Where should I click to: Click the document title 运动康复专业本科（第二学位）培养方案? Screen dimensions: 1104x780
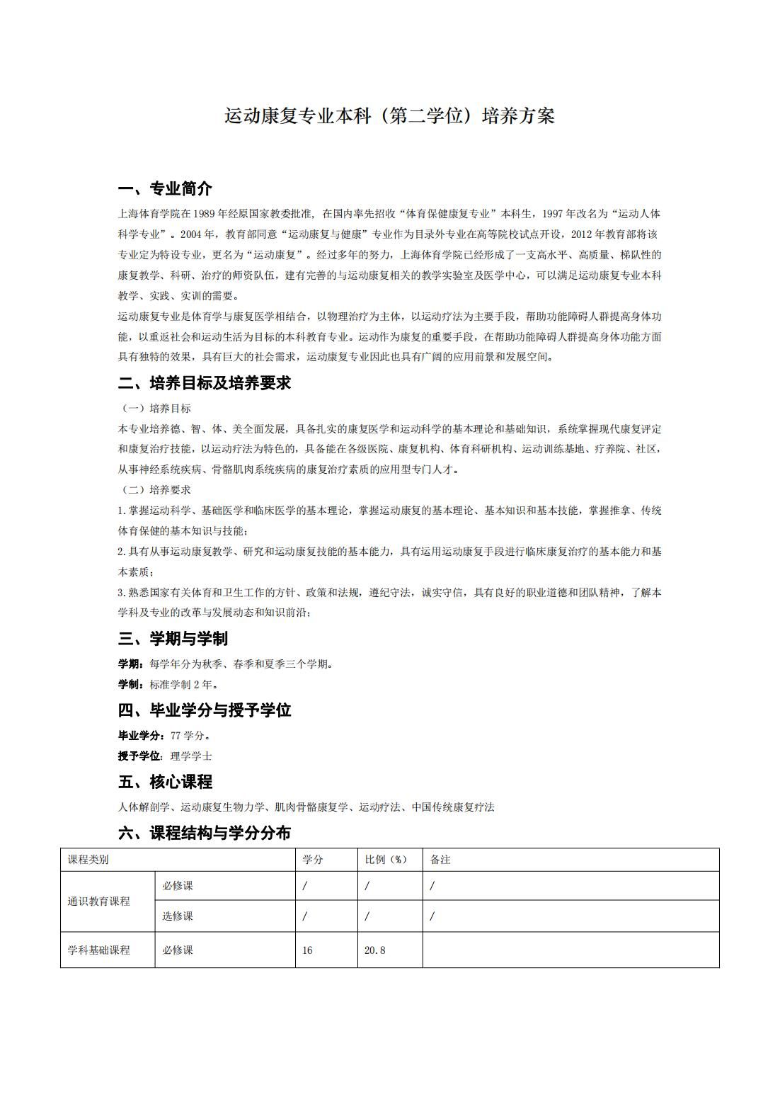pyautogui.click(x=389, y=115)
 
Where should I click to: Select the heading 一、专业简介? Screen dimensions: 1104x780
pyautogui.click(x=165, y=189)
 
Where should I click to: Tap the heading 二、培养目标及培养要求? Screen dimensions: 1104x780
pyautogui.click(x=204, y=384)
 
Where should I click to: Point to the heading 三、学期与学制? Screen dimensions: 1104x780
pyautogui.click(x=173, y=639)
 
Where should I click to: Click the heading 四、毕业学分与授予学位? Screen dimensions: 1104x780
pyautogui.click(x=204, y=710)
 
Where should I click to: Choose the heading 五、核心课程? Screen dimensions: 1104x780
pyautogui.click(x=165, y=783)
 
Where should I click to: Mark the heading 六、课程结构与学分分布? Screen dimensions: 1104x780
pyautogui.click(x=204, y=833)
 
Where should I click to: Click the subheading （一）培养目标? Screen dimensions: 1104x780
pyautogui.click(x=156, y=409)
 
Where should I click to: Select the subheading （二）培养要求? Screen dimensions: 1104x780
pyautogui.click(x=156, y=490)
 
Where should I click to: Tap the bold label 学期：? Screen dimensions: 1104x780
pyautogui.click(x=132, y=664)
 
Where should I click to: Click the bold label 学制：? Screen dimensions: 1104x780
pyautogui.click(x=132, y=685)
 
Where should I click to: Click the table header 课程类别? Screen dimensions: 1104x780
pyautogui.click(x=88, y=860)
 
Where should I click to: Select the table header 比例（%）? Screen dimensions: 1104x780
pyautogui.click(x=386, y=860)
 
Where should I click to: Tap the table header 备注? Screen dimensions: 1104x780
pyautogui.click(x=440, y=860)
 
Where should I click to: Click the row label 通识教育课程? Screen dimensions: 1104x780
pyautogui.click(x=99, y=901)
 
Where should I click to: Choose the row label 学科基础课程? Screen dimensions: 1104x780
pyautogui.click(x=99, y=950)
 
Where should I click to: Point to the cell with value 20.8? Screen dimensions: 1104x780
pyautogui.click(x=375, y=950)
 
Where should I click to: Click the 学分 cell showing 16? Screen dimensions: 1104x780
pyautogui.click(x=307, y=950)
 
